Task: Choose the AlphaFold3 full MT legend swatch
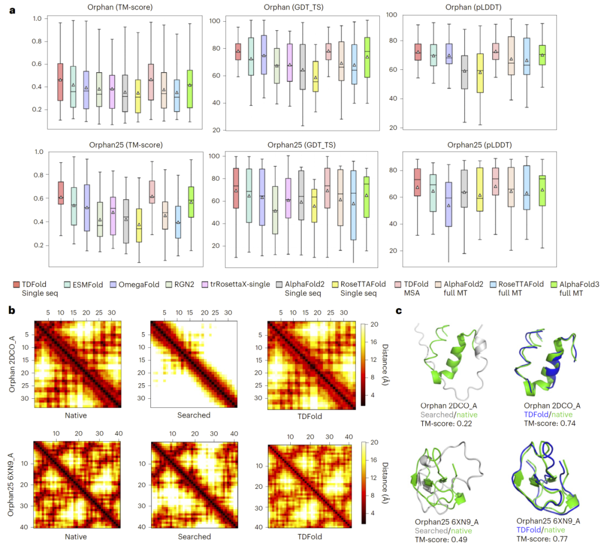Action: [555, 285]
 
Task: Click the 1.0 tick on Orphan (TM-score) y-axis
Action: [36, 18]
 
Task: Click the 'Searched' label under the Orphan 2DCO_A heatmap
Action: [194, 415]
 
